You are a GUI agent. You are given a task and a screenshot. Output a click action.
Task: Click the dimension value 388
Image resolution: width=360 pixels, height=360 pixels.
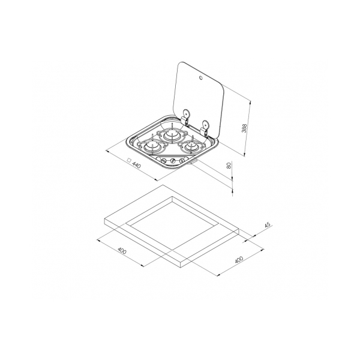[x=244, y=128]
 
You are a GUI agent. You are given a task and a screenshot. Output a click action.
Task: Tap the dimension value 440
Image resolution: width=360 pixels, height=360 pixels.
[x=136, y=165]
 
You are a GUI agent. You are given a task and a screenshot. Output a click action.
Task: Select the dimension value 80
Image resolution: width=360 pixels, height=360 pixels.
[x=229, y=166]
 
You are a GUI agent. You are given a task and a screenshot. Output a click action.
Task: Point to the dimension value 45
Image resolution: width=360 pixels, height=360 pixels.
[x=268, y=225]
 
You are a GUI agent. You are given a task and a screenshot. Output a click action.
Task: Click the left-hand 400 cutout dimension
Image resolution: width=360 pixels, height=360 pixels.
[x=122, y=250]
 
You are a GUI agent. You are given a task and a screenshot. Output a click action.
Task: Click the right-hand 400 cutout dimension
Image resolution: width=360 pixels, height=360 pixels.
[x=239, y=260]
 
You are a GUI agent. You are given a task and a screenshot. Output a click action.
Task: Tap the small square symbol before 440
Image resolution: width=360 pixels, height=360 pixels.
[x=129, y=160]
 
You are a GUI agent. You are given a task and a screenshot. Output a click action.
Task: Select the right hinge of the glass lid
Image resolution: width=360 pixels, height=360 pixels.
[x=204, y=128]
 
